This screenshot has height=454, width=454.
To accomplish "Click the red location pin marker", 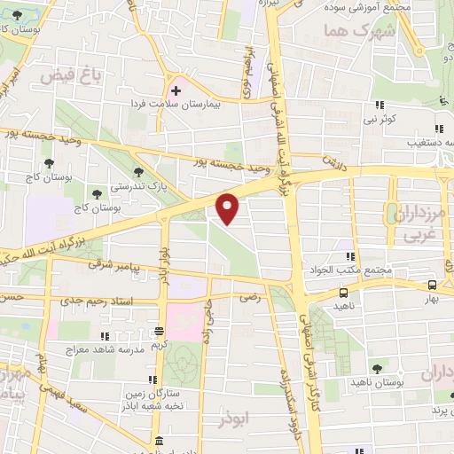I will [x=229, y=207].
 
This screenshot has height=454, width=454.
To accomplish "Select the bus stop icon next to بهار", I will [x=431, y=285].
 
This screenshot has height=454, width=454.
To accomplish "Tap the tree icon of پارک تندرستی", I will [x=137, y=173].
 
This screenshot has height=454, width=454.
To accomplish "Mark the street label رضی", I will [x=251, y=299].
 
